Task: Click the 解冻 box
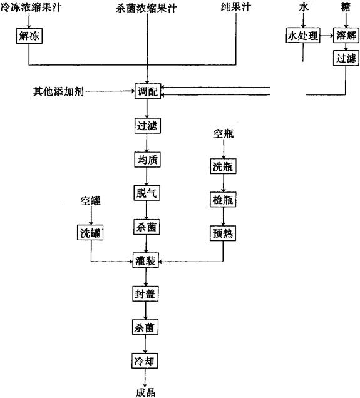click(29, 36)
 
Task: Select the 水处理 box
click(303, 35)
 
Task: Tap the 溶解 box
click(346, 35)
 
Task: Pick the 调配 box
click(148, 91)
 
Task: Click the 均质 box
click(148, 160)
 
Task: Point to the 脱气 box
click(147, 193)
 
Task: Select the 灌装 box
click(146, 260)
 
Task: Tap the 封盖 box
click(145, 294)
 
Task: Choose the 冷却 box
click(145, 360)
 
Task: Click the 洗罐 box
click(90, 233)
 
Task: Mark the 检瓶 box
click(223, 200)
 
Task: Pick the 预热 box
click(223, 233)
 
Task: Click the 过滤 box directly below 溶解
click(346, 58)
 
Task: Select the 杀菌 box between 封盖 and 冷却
click(145, 327)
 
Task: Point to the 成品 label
click(146, 392)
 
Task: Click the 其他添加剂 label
click(58, 91)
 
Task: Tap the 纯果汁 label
click(236, 7)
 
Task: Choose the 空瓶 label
click(224, 133)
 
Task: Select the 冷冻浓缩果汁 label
click(31, 7)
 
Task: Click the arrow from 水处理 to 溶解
click(327, 36)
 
